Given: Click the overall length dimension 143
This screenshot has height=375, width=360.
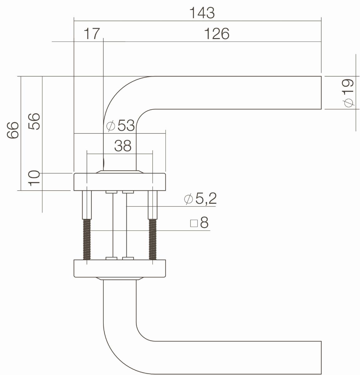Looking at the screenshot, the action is click(202, 13).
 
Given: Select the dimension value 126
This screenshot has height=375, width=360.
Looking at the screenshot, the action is click(217, 34).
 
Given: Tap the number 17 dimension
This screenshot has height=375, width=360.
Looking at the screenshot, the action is click(91, 34).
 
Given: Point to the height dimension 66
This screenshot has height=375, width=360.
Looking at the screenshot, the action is click(13, 130).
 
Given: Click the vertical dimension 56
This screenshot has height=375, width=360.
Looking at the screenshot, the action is click(34, 121).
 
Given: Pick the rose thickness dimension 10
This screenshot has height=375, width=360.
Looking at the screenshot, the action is click(34, 178).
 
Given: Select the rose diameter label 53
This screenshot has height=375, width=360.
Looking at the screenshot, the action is click(126, 125).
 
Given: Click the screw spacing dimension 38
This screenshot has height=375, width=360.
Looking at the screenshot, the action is click(123, 146).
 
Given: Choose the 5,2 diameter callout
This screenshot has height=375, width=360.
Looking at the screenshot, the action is click(206, 199).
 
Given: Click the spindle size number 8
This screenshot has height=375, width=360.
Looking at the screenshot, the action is click(204, 222).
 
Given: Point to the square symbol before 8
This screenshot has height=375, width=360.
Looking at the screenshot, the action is click(194, 223).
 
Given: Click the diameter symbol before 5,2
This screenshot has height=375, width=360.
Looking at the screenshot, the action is click(188, 199).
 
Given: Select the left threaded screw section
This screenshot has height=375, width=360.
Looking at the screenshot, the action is click(87, 239).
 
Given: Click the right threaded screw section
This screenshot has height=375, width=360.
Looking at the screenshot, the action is click(153, 239).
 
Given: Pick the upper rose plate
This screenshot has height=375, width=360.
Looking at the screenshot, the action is click(120, 182).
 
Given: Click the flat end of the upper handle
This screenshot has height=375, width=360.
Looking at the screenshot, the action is click(321, 93).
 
